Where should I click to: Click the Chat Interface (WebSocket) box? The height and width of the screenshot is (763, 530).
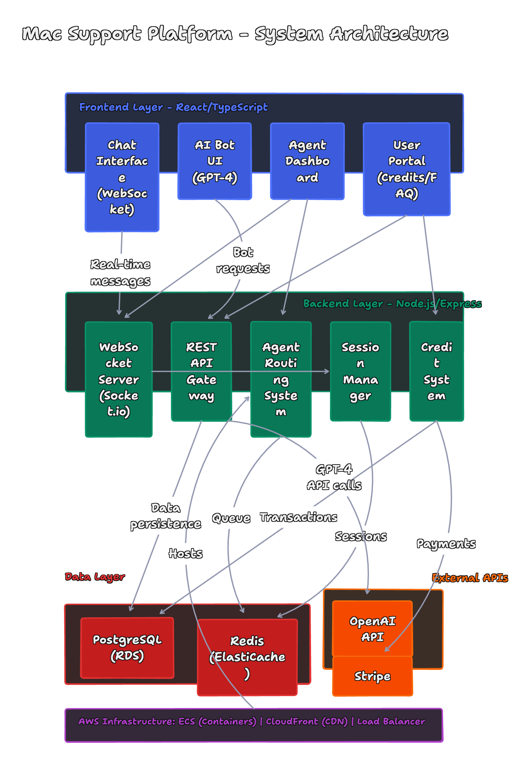[122, 177]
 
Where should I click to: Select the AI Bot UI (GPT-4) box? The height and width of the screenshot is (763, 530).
[215, 161]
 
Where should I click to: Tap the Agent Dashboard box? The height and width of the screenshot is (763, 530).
[307, 161]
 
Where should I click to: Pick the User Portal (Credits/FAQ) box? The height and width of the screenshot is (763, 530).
[406, 169]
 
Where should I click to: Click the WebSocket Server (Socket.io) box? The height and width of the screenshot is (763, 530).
[119, 379]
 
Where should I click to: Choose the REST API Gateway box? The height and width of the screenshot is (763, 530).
[201, 371]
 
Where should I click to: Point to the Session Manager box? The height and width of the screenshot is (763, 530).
[360, 371]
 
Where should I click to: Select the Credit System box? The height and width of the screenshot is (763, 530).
[436, 371]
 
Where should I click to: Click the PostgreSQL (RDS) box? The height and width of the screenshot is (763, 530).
[127, 647]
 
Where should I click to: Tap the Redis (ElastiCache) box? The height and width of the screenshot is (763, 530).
[247, 657]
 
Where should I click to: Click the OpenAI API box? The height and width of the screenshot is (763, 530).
[372, 628]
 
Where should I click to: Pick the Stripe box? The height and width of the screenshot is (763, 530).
[372, 676]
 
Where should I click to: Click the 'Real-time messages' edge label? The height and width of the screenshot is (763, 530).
[120, 272]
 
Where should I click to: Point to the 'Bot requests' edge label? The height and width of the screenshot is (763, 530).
[243, 260]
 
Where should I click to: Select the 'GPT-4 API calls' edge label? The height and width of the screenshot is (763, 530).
[334, 477]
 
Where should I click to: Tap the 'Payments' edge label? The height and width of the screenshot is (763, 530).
[446, 543]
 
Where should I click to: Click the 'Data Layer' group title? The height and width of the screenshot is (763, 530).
[95, 576]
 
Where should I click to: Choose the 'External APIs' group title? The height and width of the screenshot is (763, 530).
[470, 578]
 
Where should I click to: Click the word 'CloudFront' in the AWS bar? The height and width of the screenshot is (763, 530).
[292, 721]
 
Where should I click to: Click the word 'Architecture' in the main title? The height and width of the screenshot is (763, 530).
[389, 33]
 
